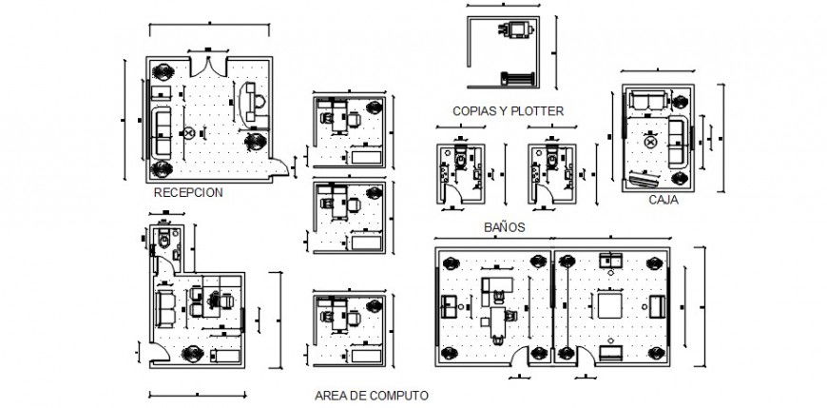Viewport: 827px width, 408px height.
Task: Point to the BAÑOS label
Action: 504,228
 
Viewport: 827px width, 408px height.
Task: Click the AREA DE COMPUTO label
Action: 371,393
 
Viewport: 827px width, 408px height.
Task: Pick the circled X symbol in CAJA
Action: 651,142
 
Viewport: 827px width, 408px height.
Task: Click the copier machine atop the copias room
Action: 516,29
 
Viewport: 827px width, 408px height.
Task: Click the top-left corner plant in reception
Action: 163,70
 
